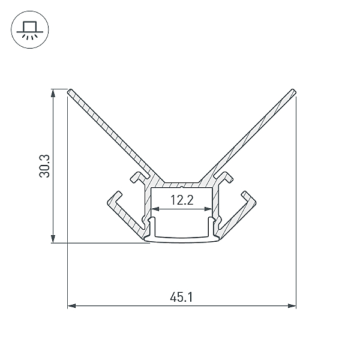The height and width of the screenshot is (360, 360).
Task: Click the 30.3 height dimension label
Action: tap(44, 166)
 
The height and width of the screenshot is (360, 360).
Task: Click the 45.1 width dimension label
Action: tap(181, 298)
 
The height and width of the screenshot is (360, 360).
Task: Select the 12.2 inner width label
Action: tap(182, 200)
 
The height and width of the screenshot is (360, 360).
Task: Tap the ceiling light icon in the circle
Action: tap(30, 30)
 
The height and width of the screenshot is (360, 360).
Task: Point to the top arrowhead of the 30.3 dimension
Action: tap(53, 93)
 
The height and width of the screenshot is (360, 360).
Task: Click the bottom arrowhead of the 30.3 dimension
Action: tap(53, 239)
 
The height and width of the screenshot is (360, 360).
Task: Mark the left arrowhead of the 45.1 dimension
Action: tap(71, 306)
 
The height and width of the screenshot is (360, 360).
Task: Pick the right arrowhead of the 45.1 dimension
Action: tap(292, 306)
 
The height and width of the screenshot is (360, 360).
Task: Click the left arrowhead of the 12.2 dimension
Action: tap(155, 209)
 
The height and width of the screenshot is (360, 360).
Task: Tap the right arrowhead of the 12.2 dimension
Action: tap(208, 209)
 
